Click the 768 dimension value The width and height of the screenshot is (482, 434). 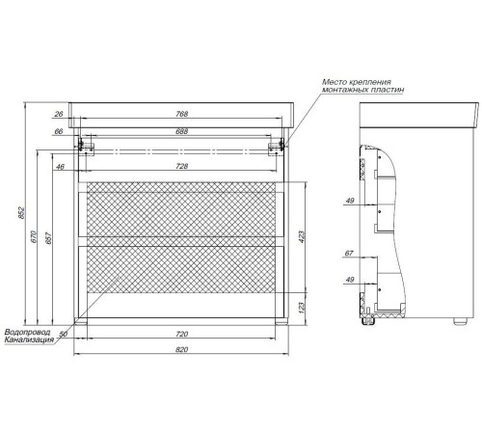(x=181, y=114)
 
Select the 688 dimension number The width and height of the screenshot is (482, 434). (x=181, y=131)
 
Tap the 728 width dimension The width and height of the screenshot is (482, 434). (x=181, y=166)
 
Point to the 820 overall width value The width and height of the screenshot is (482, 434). (x=181, y=349)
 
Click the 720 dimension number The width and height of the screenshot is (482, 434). (x=181, y=334)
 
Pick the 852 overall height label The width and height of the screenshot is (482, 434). (x=21, y=213)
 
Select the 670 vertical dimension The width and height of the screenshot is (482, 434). (x=35, y=236)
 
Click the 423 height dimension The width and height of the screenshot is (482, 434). (x=302, y=236)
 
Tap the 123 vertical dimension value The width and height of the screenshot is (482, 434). (x=302, y=308)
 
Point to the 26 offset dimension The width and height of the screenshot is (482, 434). (x=59, y=114)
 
